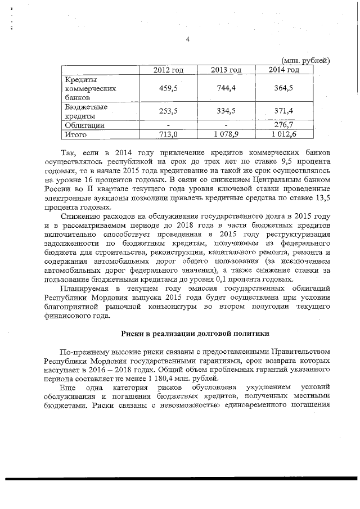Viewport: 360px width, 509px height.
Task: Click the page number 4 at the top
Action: [x=187, y=39]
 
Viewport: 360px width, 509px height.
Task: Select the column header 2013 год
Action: [x=226, y=70]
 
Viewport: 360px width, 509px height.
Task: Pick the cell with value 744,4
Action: [x=226, y=88]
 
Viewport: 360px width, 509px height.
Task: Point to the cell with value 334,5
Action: [x=226, y=111]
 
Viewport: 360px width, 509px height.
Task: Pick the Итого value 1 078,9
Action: [x=226, y=134]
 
